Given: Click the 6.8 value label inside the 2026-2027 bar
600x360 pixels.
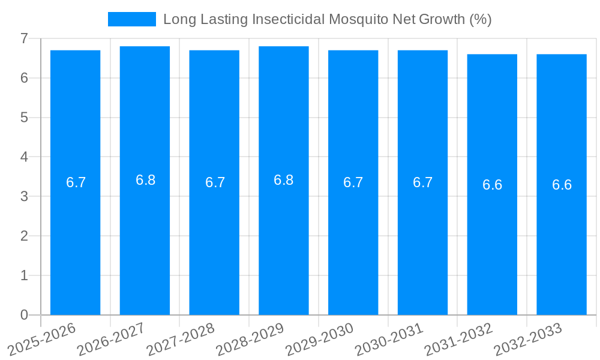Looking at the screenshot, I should click(145, 180).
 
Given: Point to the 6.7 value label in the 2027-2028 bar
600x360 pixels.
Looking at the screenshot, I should click(215, 182).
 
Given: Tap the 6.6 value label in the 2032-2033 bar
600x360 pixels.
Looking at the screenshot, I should click(562, 185).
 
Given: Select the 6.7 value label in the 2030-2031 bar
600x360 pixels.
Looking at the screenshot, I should click(422, 182).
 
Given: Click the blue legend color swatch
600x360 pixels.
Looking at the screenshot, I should click(132, 19).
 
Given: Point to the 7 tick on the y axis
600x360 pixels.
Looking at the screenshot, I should click(24, 38).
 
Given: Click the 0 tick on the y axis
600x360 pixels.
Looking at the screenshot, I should click(24, 315).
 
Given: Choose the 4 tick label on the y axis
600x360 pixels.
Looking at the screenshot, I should click(24, 157).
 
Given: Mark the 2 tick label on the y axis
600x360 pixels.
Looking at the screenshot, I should click(24, 236).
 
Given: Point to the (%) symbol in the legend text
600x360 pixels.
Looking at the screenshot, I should click(480, 19).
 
